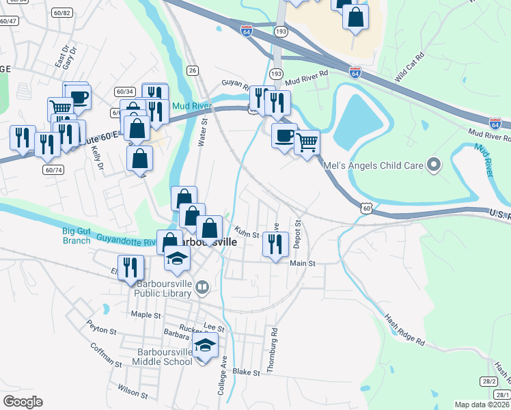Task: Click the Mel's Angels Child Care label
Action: pos(385,165)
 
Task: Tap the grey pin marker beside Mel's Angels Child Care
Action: pos(432,164)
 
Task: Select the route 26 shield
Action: pos(193,70)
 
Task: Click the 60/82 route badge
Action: pos(61,12)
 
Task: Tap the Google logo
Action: pos(23,402)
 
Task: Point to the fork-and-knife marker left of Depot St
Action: pos(275,244)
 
